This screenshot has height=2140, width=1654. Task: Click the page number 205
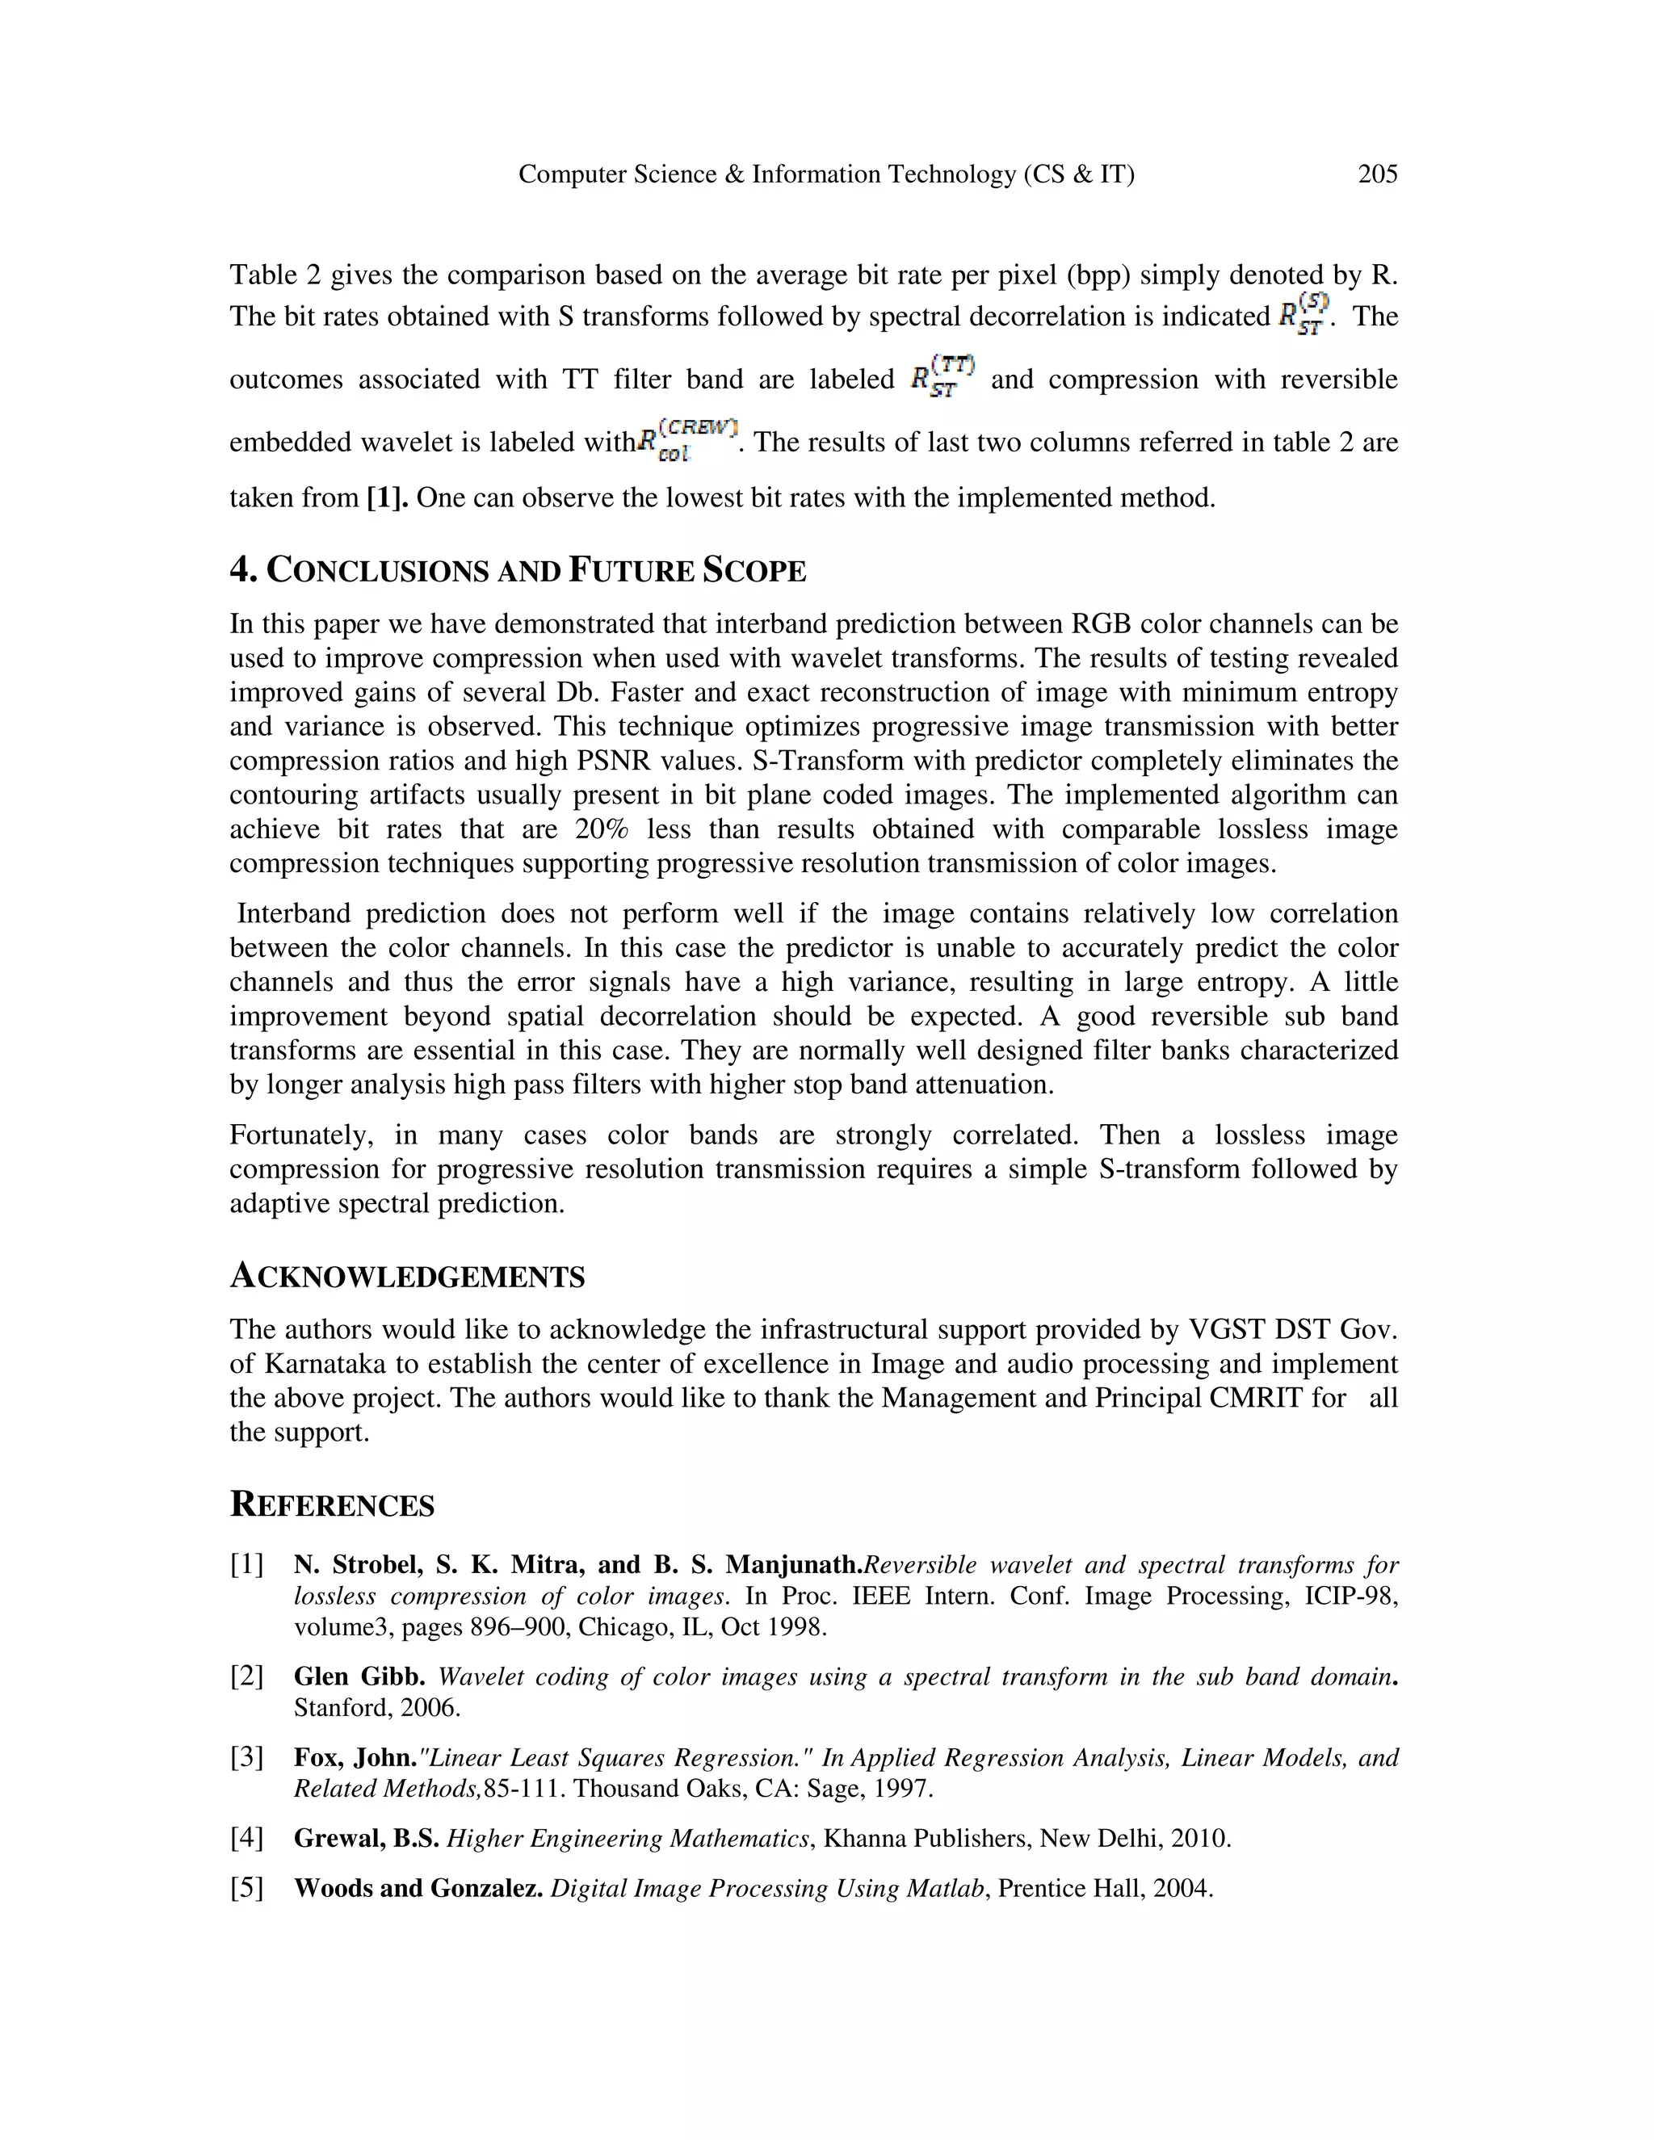click(1377, 174)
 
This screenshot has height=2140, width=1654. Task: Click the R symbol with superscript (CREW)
click(686, 440)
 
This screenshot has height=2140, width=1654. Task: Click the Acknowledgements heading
click(407, 1277)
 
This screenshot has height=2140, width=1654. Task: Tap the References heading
click(331, 1505)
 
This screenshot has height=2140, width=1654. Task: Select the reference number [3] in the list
click(247, 1758)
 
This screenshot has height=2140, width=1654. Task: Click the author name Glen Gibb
click(359, 1676)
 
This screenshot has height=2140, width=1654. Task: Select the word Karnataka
click(328, 1364)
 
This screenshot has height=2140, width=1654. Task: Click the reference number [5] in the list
click(247, 1888)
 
